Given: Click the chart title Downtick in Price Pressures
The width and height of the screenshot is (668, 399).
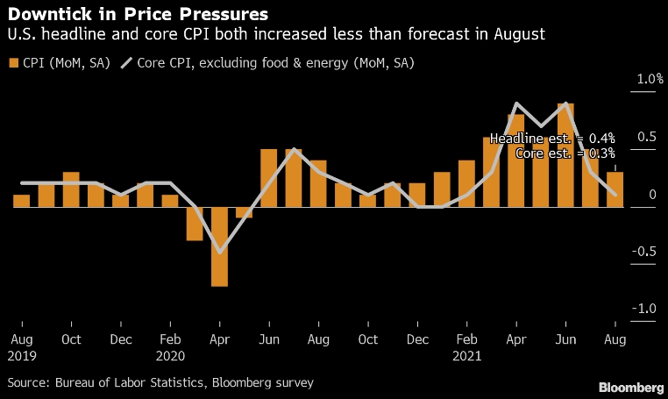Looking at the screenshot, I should (138, 15).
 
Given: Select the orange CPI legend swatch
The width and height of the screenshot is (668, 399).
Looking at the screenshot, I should (13, 63).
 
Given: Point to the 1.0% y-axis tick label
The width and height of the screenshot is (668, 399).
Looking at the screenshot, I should (650, 79).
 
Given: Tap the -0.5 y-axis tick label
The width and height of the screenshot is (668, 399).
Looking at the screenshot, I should (647, 252).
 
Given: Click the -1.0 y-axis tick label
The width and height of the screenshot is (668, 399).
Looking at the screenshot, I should (647, 309).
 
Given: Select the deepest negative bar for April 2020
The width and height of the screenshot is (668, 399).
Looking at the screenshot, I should (219, 246).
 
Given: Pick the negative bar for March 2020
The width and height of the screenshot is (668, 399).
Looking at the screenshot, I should (195, 224).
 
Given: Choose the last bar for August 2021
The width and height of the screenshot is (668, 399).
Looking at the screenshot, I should (615, 189).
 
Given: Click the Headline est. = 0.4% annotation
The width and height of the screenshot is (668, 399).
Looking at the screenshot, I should (552, 139).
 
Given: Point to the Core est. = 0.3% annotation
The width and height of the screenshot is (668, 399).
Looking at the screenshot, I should (565, 153).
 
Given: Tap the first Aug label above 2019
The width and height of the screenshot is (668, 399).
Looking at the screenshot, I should (22, 339).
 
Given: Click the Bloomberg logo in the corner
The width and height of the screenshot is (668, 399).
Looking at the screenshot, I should (630, 387).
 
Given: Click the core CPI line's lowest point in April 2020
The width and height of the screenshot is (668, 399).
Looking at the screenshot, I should (219, 253).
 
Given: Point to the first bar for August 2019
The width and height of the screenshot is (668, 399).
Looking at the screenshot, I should (22, 201).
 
